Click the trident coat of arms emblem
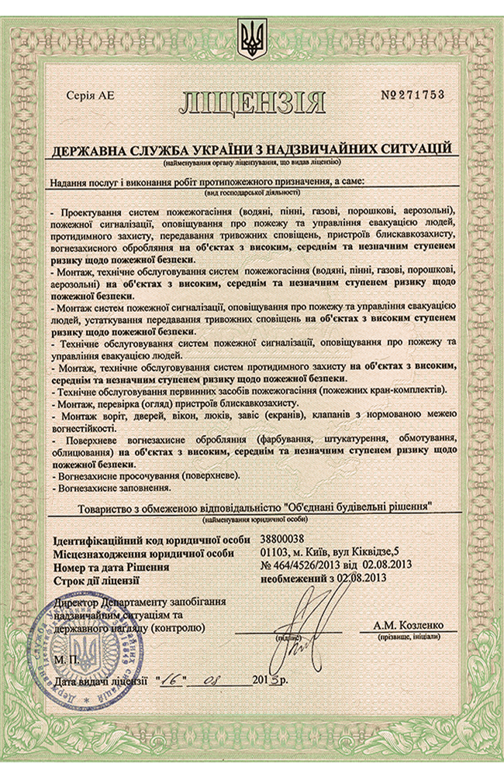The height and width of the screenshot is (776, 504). [251, 39]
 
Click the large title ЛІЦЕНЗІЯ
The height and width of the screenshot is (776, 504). [253, 101]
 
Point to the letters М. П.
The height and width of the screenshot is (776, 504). [67, 658]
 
